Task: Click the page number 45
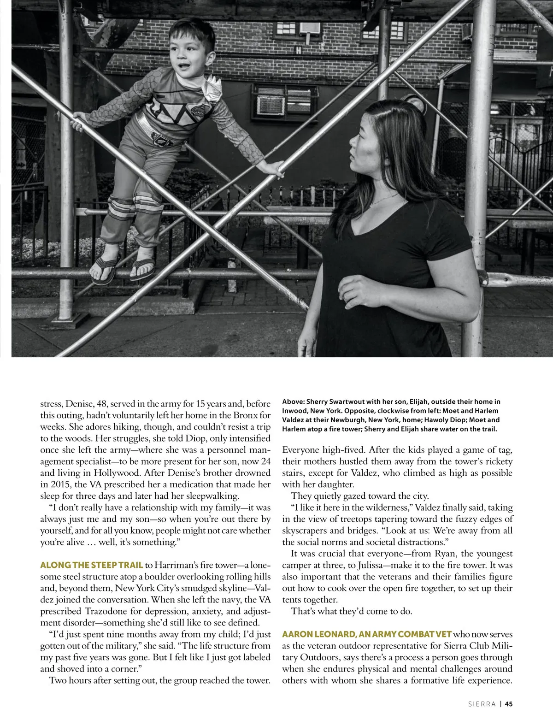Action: click(508, 704)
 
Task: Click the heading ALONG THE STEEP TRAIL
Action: click(91, 565)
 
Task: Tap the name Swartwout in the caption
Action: click(353, 401)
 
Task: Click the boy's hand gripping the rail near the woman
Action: click(275, 168)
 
